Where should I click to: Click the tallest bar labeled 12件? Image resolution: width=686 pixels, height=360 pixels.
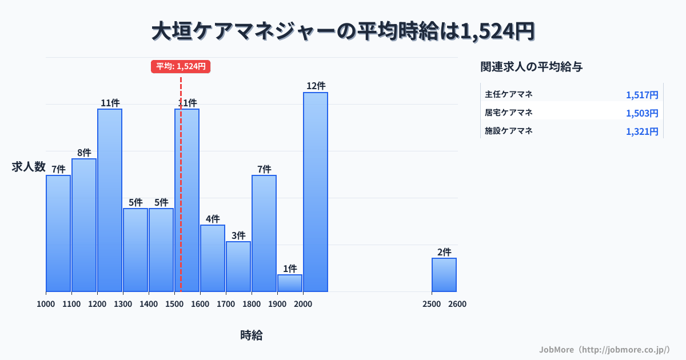coord(316,191)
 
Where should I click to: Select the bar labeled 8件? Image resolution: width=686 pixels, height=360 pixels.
coord(84,225)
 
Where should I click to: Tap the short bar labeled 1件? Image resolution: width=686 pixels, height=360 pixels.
coord(290,283)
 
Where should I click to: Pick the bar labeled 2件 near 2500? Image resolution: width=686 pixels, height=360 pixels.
coord(444,275)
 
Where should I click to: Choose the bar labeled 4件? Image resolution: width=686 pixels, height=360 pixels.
coord(213,258)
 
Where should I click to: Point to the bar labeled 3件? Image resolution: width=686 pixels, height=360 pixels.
coord(238,266)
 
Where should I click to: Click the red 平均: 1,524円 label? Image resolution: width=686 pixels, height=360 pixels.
coord(181,66)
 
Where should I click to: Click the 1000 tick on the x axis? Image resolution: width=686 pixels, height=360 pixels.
coord(46,304)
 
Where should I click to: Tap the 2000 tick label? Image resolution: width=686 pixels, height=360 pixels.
coord(303,304)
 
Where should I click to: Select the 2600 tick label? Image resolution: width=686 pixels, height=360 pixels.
coord(457,304)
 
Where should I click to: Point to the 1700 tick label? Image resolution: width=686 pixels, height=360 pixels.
coord(226,304)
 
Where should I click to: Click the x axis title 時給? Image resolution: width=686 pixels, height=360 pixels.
coord(252,335)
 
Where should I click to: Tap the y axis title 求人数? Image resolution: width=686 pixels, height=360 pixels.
coord(29,167)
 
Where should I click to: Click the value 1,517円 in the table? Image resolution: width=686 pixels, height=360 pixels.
coord(642,95)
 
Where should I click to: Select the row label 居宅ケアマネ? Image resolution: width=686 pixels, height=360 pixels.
coord(509,113)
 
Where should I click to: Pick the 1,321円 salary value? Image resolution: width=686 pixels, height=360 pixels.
coord(642,131)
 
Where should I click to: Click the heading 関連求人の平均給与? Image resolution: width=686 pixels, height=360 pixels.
coord(532,67)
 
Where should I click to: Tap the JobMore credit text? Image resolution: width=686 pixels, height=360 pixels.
coord(604,349)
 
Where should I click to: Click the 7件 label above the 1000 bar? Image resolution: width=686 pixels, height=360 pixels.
coord(58,169)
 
